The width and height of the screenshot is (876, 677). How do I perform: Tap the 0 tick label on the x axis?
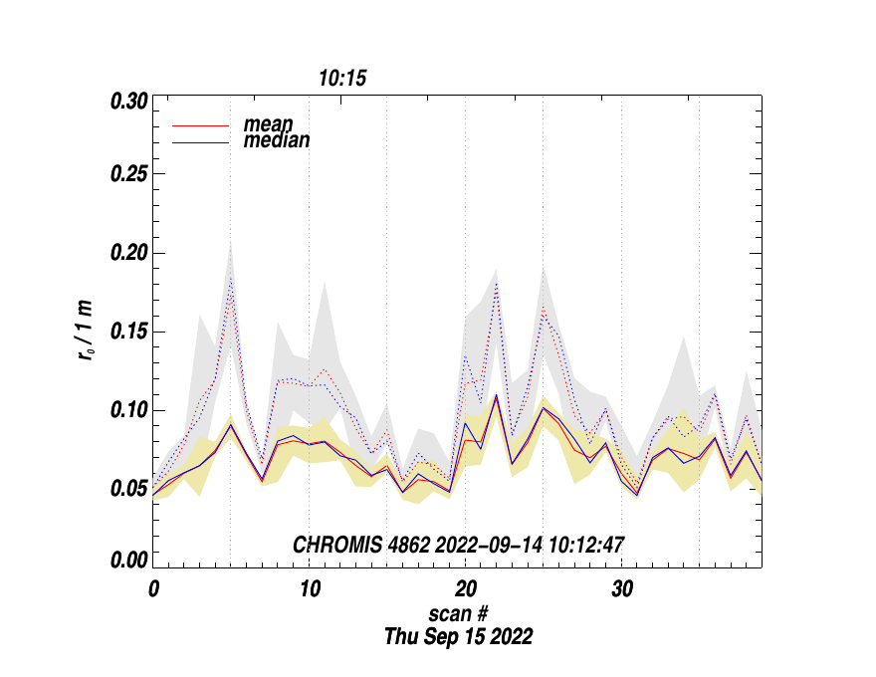[x=154, y=588]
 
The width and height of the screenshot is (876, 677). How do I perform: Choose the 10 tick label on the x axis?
[x=310, y=588]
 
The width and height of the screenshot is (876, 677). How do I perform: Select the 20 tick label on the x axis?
[x=466, y=588]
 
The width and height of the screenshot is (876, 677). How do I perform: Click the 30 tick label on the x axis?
[x=622, y=588]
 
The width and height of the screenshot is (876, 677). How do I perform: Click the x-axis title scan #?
[x=458, y=614]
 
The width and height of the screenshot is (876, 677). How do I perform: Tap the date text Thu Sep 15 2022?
[x=458, y=637]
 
